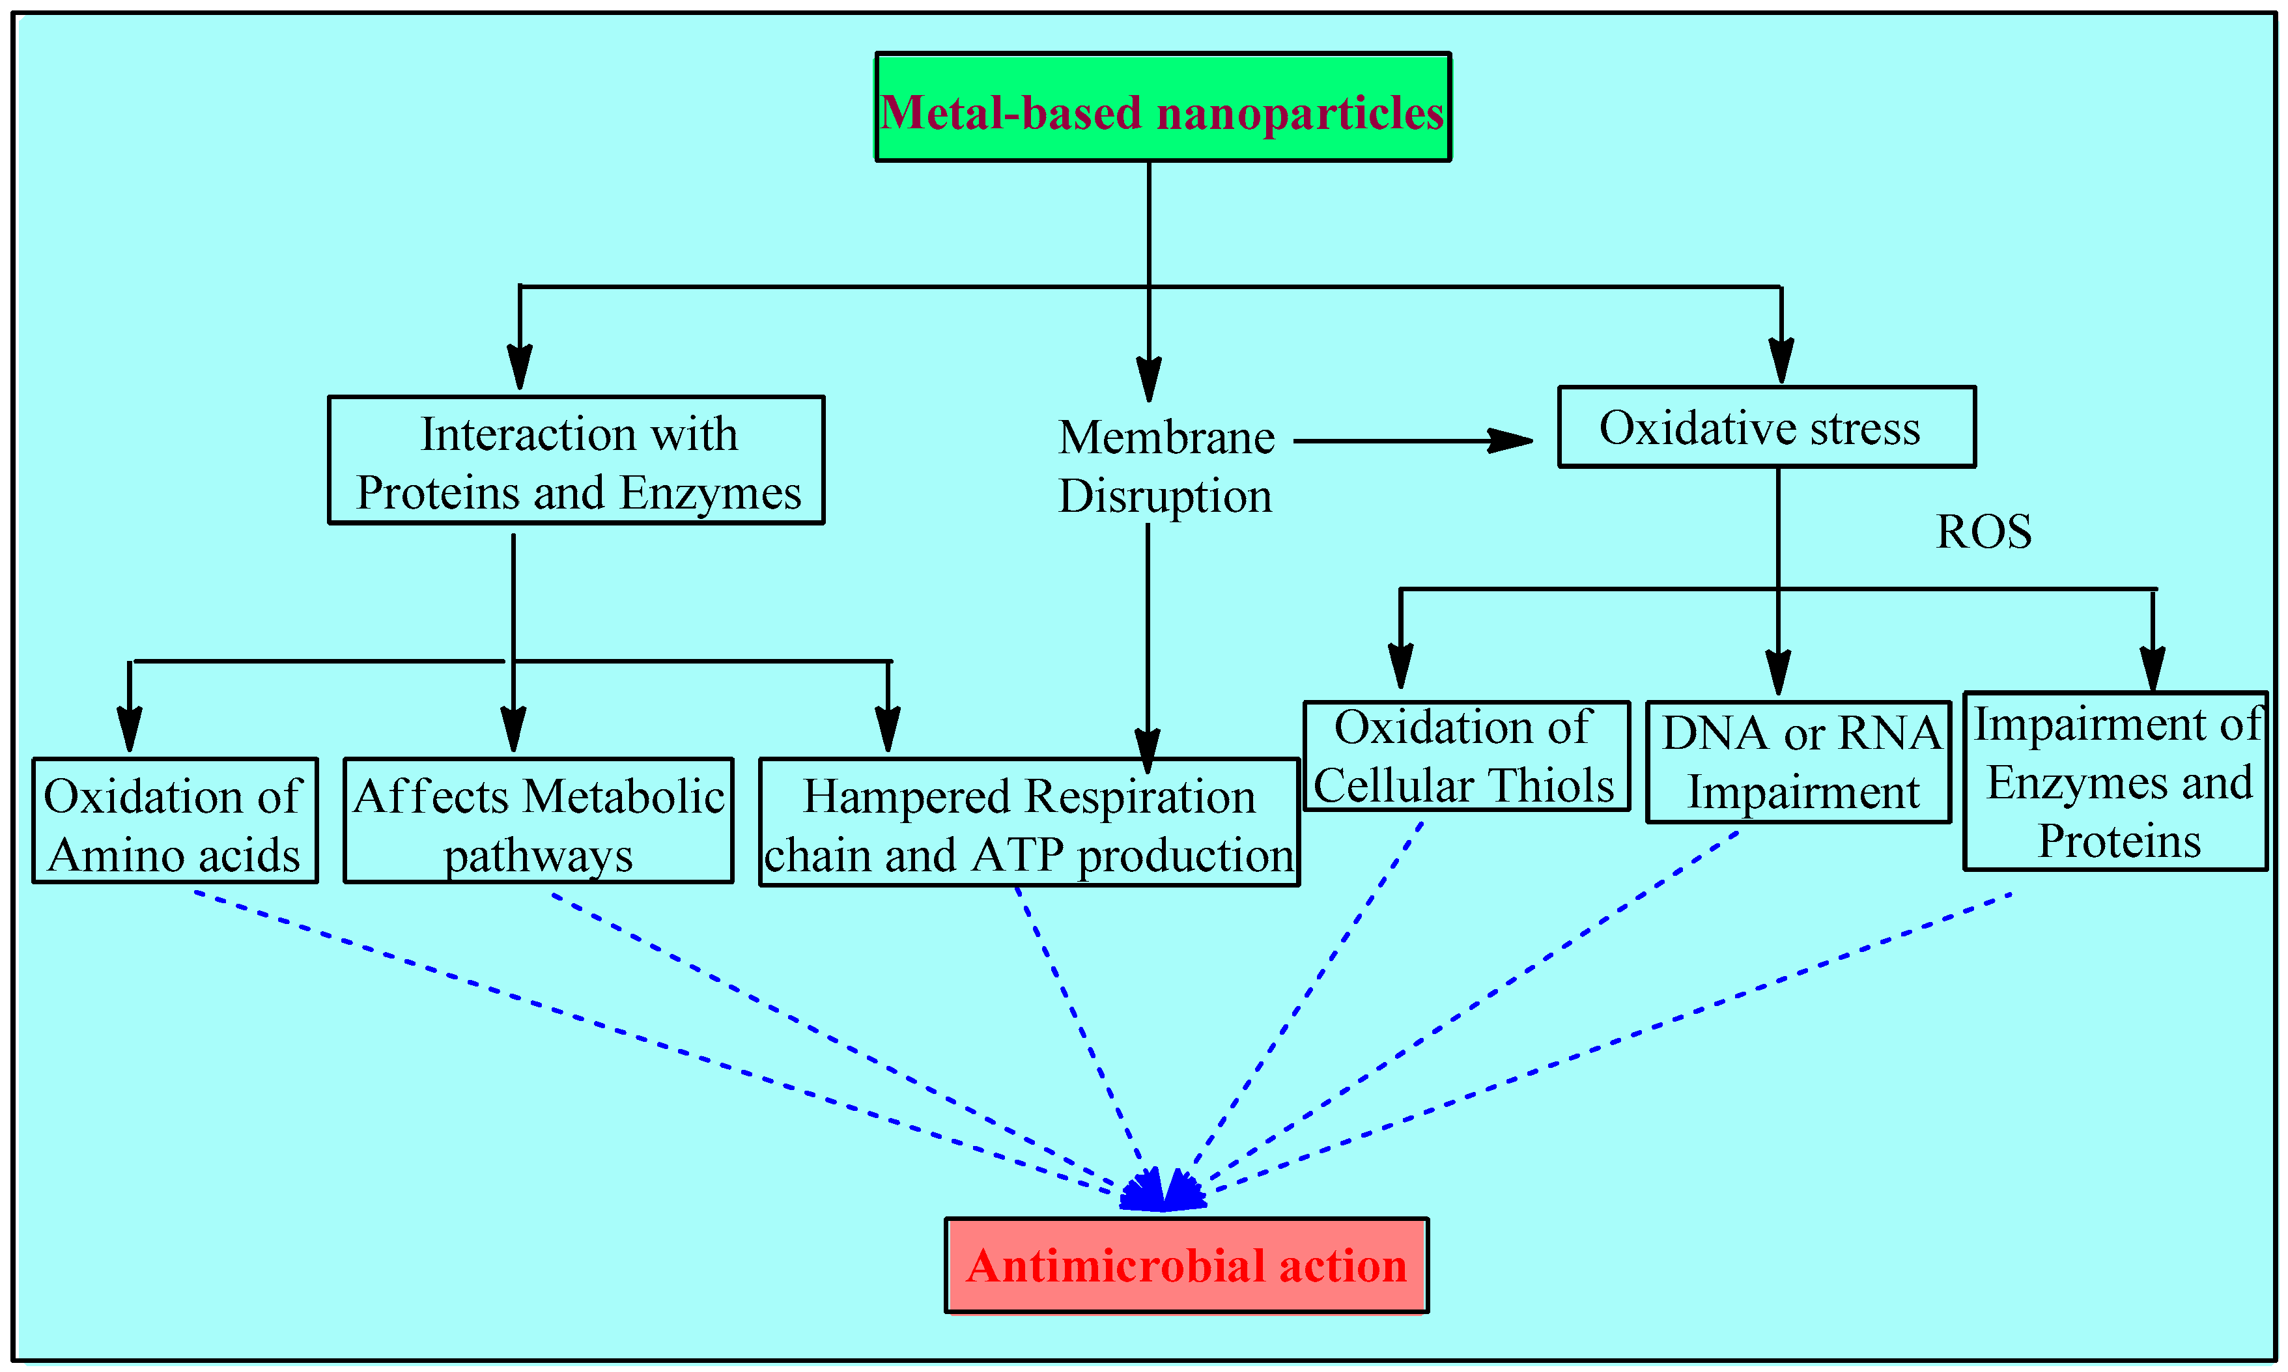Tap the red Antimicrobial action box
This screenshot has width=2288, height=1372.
[x=1186, y=1265]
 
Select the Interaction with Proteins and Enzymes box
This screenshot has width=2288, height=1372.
[x=576, y=460]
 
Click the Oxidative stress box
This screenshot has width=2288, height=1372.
[x=1766, y=427]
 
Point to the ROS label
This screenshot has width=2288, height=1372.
[x=1984, y=531]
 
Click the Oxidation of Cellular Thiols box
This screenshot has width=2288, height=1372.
[x=1465, y=756]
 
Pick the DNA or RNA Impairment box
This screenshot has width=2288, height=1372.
[x=1798, y=762]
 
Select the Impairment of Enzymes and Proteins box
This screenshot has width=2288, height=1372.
[x=2115, y=781]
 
